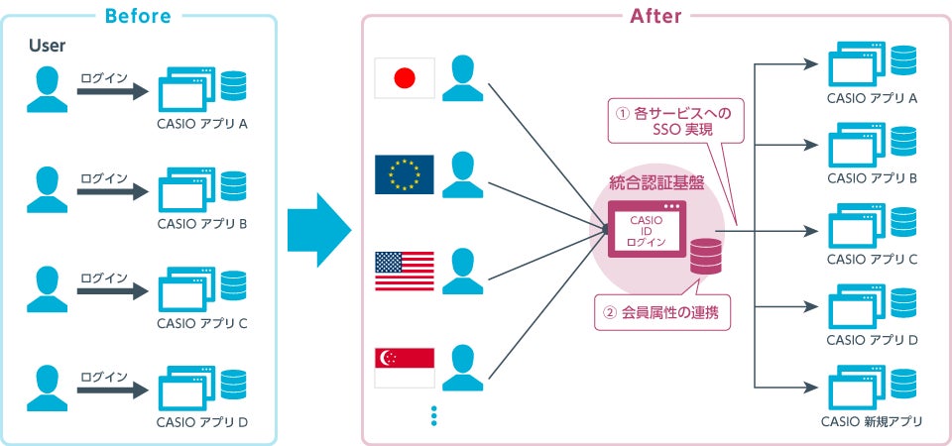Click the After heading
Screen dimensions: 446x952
(655, 16)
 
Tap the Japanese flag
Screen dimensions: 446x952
(404, 77)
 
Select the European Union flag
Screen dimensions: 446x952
(404, 173)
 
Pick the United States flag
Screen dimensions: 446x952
(404, 271)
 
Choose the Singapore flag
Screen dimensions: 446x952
(404, 368)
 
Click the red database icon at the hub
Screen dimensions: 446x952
(705, 258)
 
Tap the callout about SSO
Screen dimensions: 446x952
(677, 121)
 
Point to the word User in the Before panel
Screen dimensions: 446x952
(47, 46)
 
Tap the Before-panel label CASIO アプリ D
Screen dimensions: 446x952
(202, 422)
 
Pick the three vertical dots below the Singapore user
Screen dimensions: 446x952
(433, 415)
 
